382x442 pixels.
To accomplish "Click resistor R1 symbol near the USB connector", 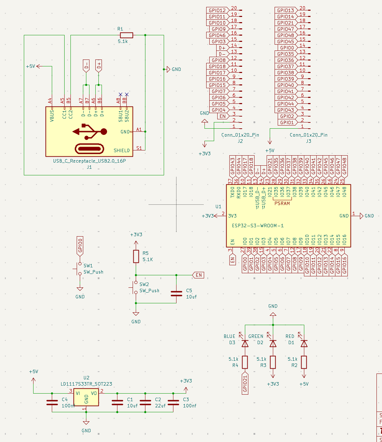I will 126,35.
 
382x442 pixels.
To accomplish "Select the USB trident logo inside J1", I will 90,131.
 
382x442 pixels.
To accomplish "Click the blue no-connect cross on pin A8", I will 120,94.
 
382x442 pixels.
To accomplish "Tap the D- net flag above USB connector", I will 86,65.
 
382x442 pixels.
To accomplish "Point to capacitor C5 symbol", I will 176,294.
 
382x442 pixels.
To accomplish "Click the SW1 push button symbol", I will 79,269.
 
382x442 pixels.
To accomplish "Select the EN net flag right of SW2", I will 198,275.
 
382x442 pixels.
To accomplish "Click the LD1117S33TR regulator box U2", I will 86,397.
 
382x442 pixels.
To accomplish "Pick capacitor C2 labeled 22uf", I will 145,403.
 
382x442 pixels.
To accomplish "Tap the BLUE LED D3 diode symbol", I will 245,343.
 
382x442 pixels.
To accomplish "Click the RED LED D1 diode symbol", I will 304,343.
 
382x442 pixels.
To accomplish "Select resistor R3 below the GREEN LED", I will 273,362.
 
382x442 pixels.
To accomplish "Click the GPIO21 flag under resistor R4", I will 245,383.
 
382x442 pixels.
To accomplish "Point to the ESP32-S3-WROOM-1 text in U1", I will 258,226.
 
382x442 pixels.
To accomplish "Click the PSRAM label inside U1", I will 282,203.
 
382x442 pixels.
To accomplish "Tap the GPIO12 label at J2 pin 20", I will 217,10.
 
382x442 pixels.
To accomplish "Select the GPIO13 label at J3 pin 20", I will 285,10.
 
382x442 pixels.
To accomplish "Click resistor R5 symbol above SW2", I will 136,256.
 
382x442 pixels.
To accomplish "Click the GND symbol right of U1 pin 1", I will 361,216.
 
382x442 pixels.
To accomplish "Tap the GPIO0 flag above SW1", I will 80,246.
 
